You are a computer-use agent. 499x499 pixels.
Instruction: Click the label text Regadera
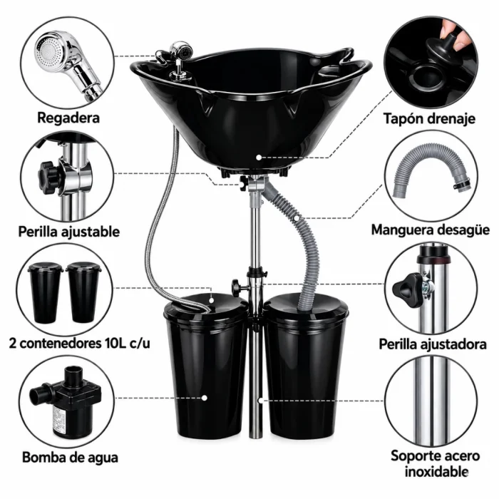coord(68,118)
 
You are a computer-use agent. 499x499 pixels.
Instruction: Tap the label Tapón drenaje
coord(429,119)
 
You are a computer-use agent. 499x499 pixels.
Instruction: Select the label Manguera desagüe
coord(431,230)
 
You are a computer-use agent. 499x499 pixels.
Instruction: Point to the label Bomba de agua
coord(70,458)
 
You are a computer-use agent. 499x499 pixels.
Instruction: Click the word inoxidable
coord(436,471)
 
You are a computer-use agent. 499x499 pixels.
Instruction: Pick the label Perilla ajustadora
coord(433,344)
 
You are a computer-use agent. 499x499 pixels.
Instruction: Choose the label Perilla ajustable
coord(68,232)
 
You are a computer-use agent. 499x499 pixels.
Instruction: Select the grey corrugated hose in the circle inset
coord(431,173)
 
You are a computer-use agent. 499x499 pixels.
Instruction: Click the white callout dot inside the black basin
coord(259,158)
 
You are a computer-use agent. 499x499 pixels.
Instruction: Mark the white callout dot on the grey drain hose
coord(297,218)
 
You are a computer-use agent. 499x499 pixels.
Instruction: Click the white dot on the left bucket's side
coord(205,398)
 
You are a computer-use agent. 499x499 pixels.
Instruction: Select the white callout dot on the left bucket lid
coord(211,300)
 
